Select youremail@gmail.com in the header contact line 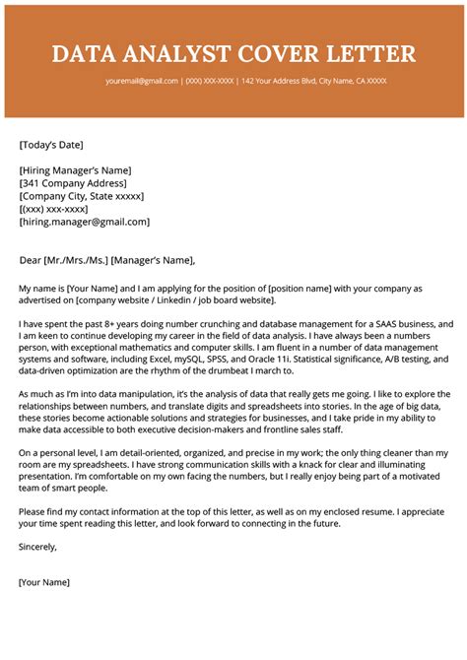[x=142, y=81]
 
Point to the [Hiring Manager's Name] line [x=75, y=170]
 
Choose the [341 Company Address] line [x=73, y=183]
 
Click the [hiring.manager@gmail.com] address [x=85, y=222]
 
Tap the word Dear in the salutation [x=31, y=260]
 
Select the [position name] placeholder [x=271, y=289]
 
